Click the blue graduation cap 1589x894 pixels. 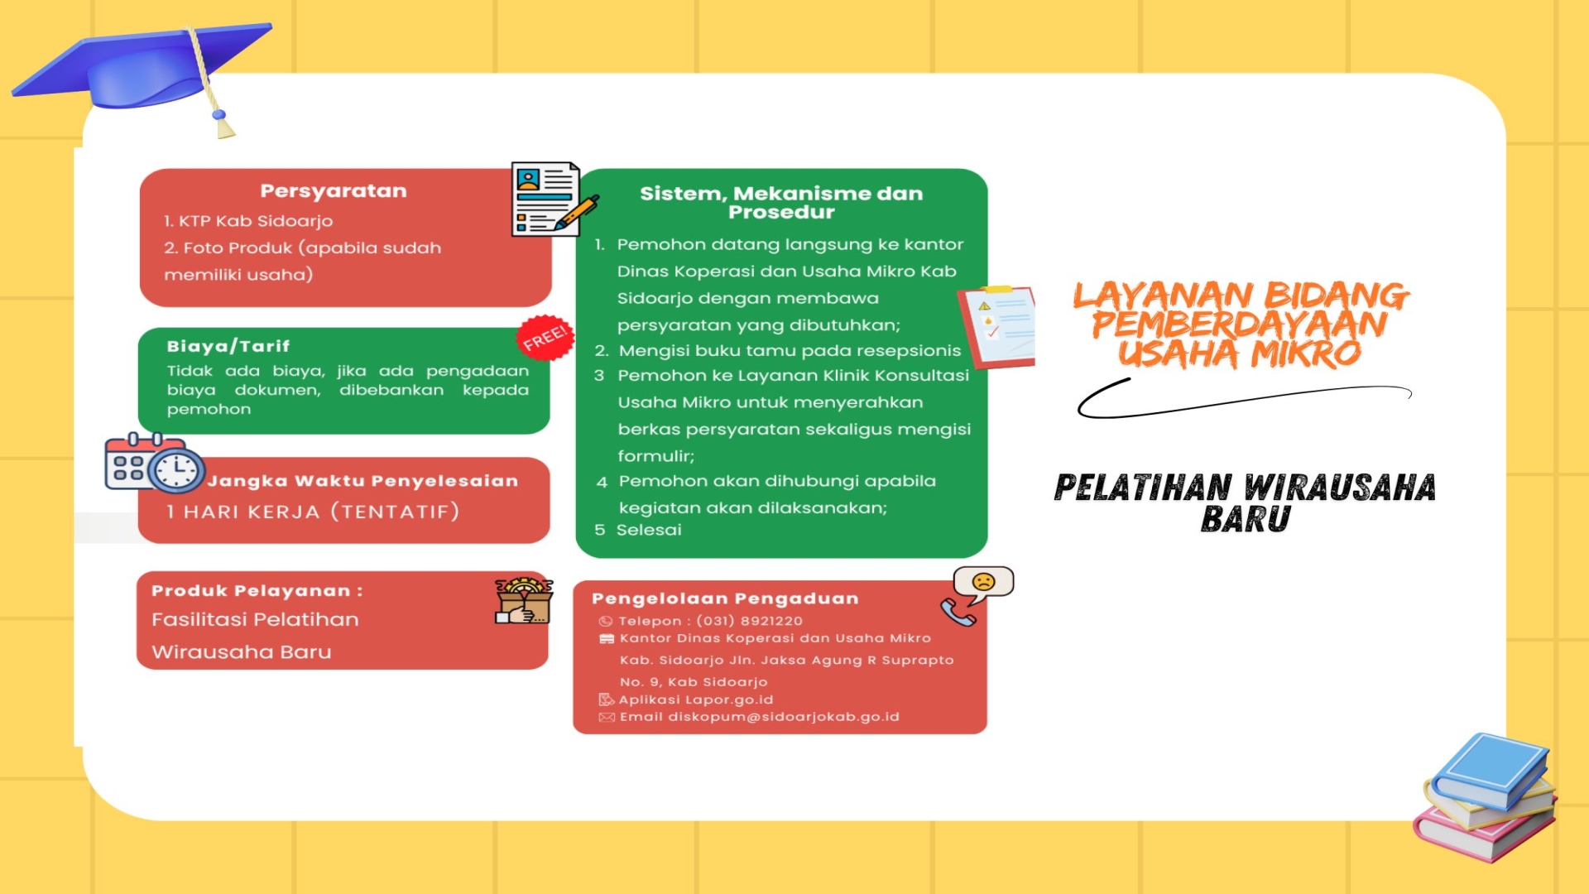(x=141, y=74)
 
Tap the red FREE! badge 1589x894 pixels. (x=545, y=338)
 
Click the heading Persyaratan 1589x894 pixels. (x=334, y=191)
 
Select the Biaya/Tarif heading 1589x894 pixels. (x=228, y=346)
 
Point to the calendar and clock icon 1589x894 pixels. (x=155, y=463)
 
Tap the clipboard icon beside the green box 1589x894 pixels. (x=996, y=327)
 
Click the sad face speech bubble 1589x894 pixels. (x=983, y=583)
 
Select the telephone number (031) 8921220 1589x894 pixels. (x=750, y=621)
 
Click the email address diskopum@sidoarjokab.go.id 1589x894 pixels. (x=784, y=717)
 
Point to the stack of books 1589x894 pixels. (x=1486, y=797)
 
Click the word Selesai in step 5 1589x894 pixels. (x=649, y=530)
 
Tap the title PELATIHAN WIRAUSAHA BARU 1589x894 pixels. (x=1245, y=502)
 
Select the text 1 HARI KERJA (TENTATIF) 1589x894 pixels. (x=313, y=512)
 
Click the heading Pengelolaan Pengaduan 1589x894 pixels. (x=725, y=598)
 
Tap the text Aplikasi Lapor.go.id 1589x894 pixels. (x=696, y=699)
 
